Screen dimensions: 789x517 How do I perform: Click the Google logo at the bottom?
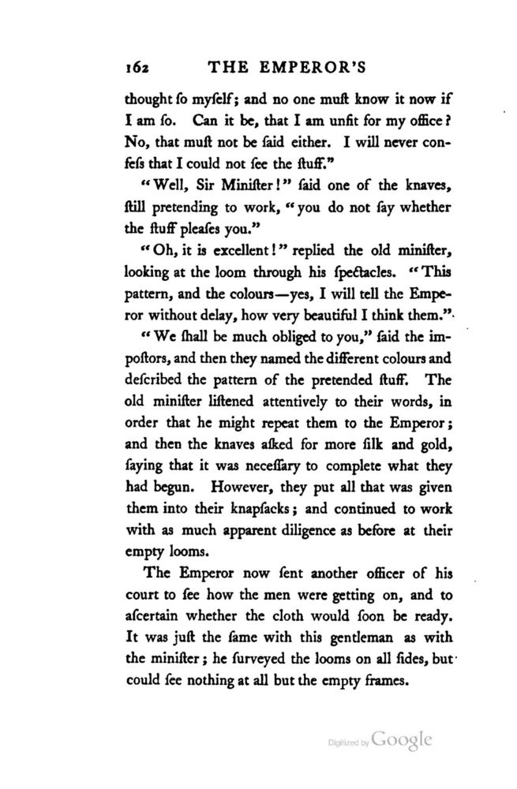[x=402, y=742]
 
